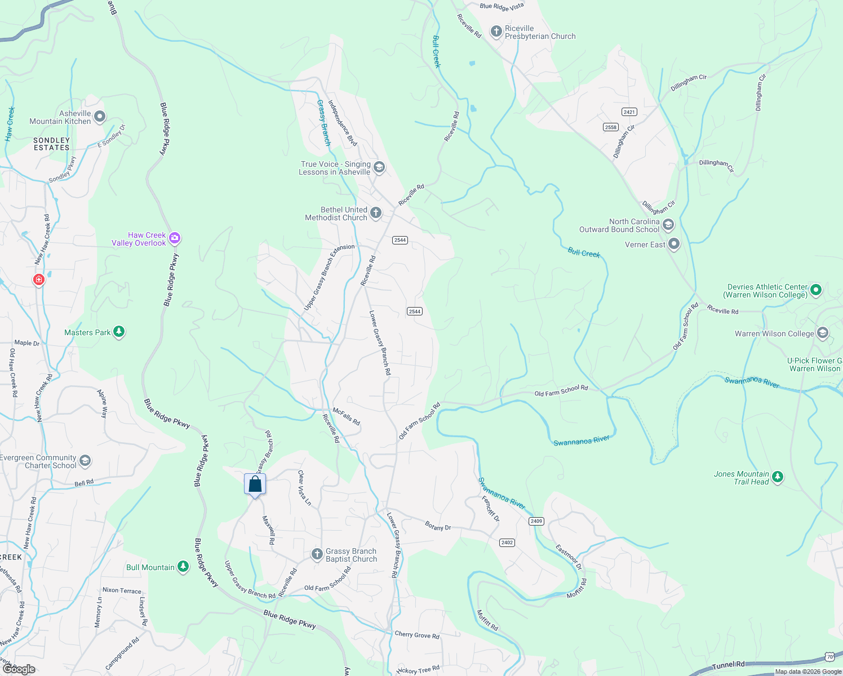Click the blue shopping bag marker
pyautogui.click(x=255, y=484)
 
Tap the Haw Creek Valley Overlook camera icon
pyautogui.click(x=175, y=238)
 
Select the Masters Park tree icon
pyautogui.click(x=118, y=332)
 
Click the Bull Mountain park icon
pyautogui.click(x=183, y=567)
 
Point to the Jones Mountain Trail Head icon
pyautogui.click(x=778, y=477)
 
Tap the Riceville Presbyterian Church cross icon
pyautogui.click(x=496, y=32)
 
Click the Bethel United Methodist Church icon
pyautogui.click(x=376, y=213)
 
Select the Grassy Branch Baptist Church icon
pyautogui.click(x=317, y=554)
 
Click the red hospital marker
pyautogui.click(x=38, y=279)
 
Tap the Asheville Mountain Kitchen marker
pyautogui.click(x=100, y=117)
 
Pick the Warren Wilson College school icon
pyautogui.click(x=822, y=333)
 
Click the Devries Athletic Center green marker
pyautogui.click(x=815, y=290)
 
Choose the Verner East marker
pyautogui.click(x=674, y=244)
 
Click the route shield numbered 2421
pyautogui.click(x=629, y=112)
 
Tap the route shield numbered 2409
pyautogui.click(x=536, y=521)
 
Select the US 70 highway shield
pyautogui.click(x=829, y=657)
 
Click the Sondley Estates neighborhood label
pyautogui.click(x=51, y=144)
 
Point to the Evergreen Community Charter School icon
pyautogui.click(x=85, y=461)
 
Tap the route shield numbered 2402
pyautogui.click(x=507, y=542)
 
